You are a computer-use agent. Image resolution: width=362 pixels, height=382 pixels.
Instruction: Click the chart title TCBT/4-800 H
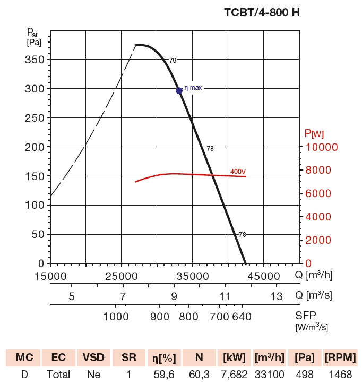pos(262,12)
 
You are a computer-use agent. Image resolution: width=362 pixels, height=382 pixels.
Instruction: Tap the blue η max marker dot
pos(179,90)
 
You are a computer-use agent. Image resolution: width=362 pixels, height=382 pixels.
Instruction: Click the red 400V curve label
pos(238,171)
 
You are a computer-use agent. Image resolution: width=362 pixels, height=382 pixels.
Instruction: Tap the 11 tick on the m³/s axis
pos(225,296)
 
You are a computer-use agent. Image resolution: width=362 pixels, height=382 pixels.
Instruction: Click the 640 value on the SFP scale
pos(240,317)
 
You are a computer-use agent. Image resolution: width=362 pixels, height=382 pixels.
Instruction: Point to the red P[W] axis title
pos(314,133)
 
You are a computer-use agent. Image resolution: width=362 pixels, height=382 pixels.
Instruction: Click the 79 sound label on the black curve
pos(173,61)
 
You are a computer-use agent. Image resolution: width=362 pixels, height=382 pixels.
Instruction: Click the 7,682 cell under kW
pos(234,374)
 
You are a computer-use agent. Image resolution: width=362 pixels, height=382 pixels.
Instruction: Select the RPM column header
pos(340,358)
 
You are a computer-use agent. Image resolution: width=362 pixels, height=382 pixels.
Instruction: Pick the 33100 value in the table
pos(270,374)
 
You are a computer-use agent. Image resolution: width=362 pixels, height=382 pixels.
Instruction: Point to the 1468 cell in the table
pos(340,374)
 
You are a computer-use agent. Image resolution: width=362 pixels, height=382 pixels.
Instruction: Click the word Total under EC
pos(58,374)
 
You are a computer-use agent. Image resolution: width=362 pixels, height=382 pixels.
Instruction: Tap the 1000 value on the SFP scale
pos(116,317)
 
